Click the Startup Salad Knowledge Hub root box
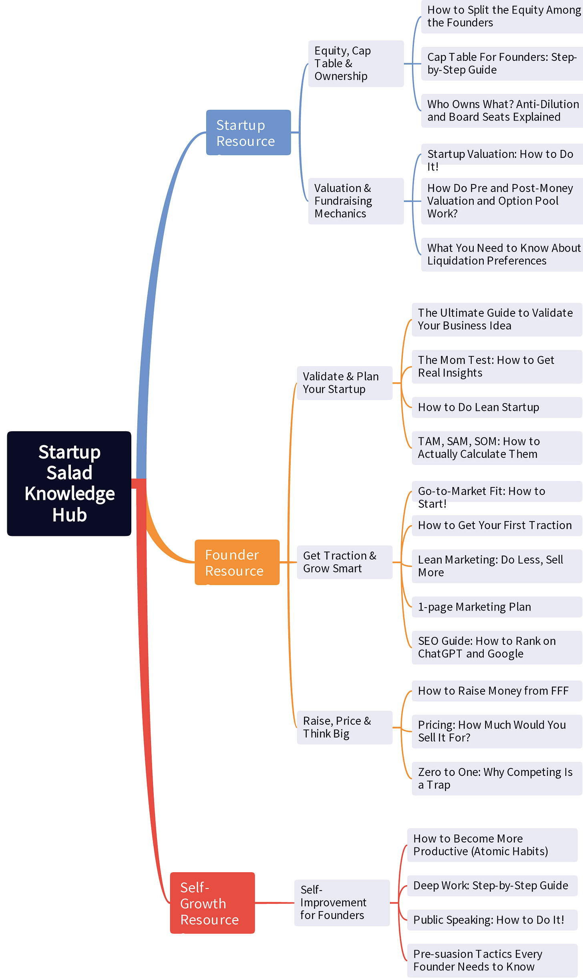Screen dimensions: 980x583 pos(69,483)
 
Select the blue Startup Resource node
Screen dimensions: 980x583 pos(248,132)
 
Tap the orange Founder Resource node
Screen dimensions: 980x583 pos(237,562)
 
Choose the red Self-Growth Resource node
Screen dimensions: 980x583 pos(212,903)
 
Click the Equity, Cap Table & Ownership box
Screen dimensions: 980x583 pos(356,63)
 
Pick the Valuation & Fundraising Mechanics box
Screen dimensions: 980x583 pos(356,201)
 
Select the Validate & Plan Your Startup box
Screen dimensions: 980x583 pos(344,383)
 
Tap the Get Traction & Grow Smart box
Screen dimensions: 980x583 pos(344,562)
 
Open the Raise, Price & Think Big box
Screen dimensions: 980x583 pos(344,727)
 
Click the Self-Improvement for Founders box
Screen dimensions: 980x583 pos(342,903)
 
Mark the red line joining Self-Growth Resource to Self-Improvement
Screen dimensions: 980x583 pos(274,903)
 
